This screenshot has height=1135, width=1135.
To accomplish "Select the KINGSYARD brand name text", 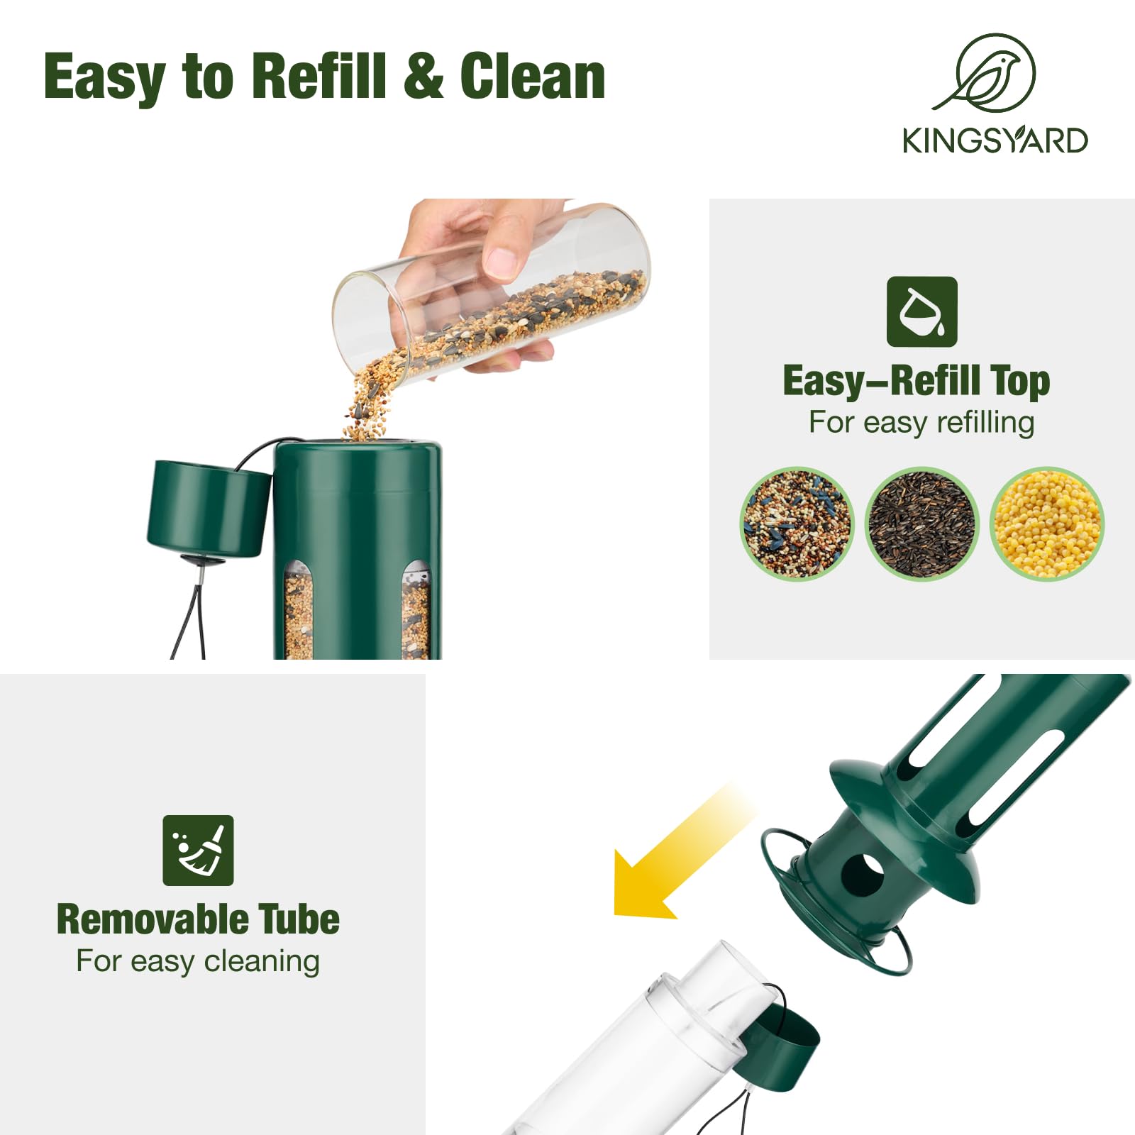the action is coord(995,140).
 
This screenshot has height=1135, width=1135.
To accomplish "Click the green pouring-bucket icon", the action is coord(921,311).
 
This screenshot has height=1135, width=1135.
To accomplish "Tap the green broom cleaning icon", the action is coord(198,850).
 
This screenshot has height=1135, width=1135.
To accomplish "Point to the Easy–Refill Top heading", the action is coord(916,382).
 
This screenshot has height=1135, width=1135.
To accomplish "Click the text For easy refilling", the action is coord(921,422).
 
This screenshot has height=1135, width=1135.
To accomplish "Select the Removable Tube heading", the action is coord(198,919).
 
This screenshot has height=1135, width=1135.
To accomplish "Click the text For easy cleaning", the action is coord(198,961).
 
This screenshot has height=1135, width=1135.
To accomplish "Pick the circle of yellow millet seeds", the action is coord(1047,524).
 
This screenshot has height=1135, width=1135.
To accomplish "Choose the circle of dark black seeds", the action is coord(922,524).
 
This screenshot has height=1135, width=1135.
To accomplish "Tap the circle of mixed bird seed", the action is coord(797,524).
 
